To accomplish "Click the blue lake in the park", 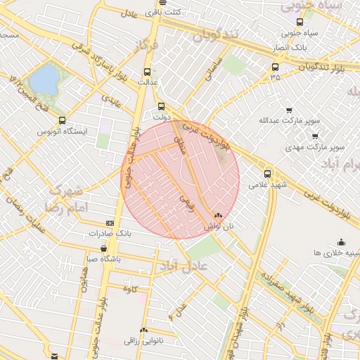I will click(44, 79).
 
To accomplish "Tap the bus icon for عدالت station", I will click(147, 72).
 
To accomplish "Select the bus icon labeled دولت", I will click(161, 107).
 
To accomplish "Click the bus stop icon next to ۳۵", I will click(274, 68).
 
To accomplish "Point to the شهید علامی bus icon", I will click(267, 174).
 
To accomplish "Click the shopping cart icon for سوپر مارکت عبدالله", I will click(289, 110).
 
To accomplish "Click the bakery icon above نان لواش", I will click(217, 217).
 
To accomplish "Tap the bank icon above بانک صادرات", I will click(109, 222).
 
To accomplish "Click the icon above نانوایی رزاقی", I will click(144, 330).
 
